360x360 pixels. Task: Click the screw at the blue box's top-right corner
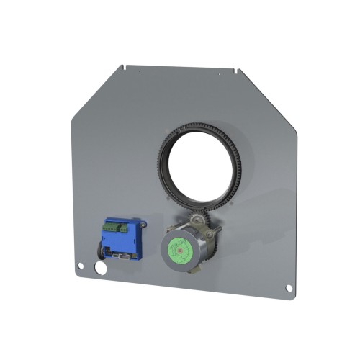pos(144,225)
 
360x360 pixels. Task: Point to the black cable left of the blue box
pos(99,248)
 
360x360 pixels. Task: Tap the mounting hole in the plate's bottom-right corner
pos(289,288)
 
